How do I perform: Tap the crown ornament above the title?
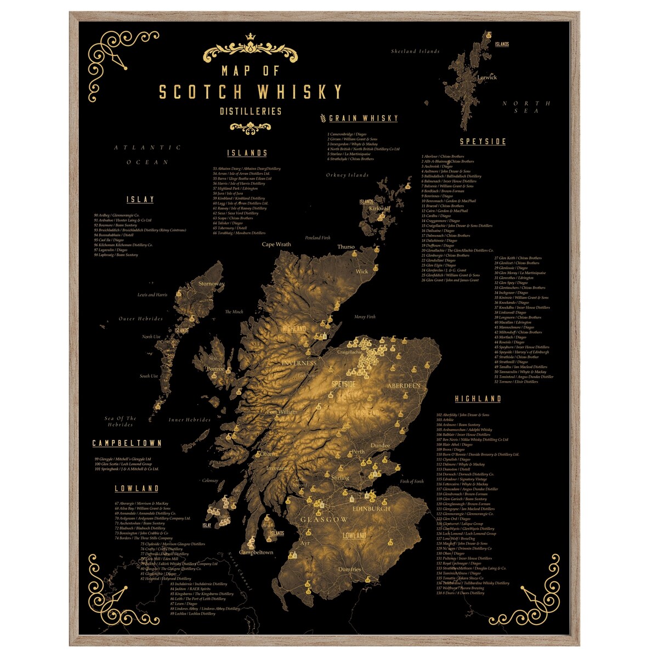point(250,37)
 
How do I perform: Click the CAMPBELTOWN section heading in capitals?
point(127,443)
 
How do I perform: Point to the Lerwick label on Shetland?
point(487,77)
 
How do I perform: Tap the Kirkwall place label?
point(379,208)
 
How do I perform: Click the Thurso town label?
point(346,247)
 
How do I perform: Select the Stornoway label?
point(211,283)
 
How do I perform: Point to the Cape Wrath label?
point(276,244)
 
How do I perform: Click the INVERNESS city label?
point(299,363)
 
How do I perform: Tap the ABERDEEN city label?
point(404,385)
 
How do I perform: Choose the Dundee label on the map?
point(381,445)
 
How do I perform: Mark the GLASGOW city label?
point(324,519)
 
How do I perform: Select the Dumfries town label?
point(349,569)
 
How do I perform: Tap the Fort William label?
point(282,411)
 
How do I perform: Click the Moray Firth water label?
point(365,317)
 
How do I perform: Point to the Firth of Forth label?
point(412,481)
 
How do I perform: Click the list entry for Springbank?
point(126,469)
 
